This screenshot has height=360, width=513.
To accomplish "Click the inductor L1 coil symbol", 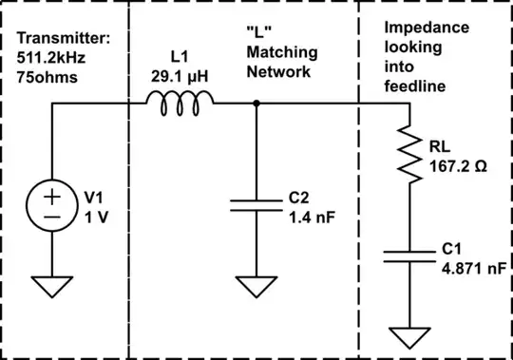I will (179, 104).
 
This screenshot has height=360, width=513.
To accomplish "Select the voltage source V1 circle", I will (51, 207).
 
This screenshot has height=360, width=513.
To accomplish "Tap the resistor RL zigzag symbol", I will (409, 155).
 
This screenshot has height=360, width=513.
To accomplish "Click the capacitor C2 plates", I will (256, 206).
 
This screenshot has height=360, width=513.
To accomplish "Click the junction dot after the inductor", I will (256, 103).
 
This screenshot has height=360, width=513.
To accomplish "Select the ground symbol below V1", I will (51, 284).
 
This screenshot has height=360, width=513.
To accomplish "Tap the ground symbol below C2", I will (256, 284).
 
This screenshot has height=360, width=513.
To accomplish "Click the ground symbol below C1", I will (409, 335).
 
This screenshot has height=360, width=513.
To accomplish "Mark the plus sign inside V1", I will (51, 198).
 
